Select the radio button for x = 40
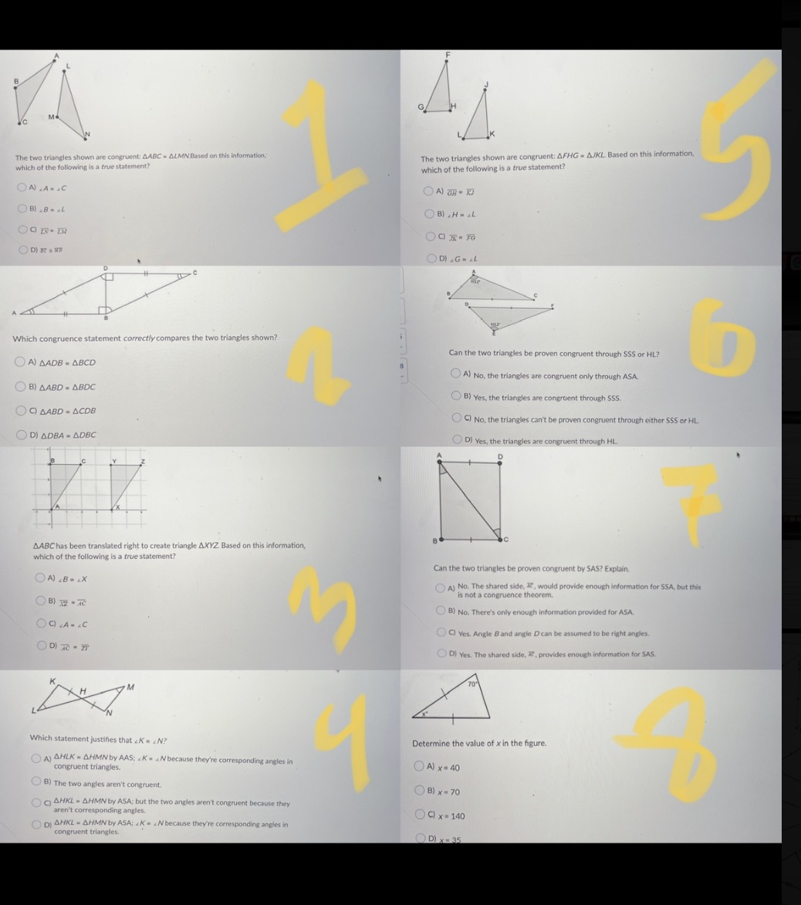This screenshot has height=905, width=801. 420,767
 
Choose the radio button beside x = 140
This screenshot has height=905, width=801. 420,815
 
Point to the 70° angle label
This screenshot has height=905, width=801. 473,683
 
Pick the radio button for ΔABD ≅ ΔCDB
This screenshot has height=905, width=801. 23,411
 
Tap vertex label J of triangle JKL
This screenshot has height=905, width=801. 487,85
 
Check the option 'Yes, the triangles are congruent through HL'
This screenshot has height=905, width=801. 458,440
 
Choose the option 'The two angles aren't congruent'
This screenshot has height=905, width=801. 36,783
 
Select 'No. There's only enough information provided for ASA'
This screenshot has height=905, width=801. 441,612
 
